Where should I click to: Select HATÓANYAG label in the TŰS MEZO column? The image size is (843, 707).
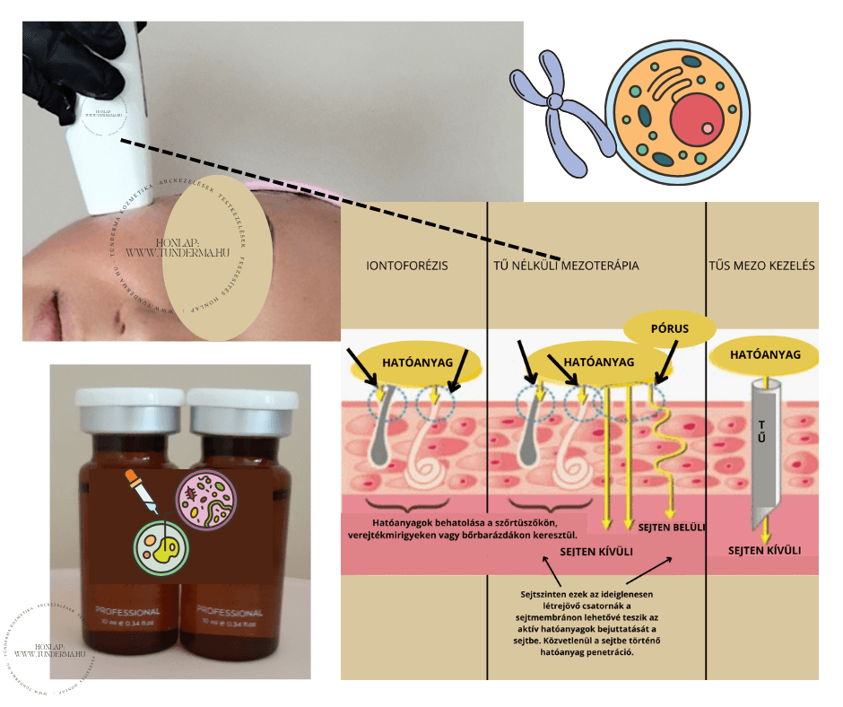point(764,355)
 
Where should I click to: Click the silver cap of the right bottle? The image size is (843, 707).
point(244,409)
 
